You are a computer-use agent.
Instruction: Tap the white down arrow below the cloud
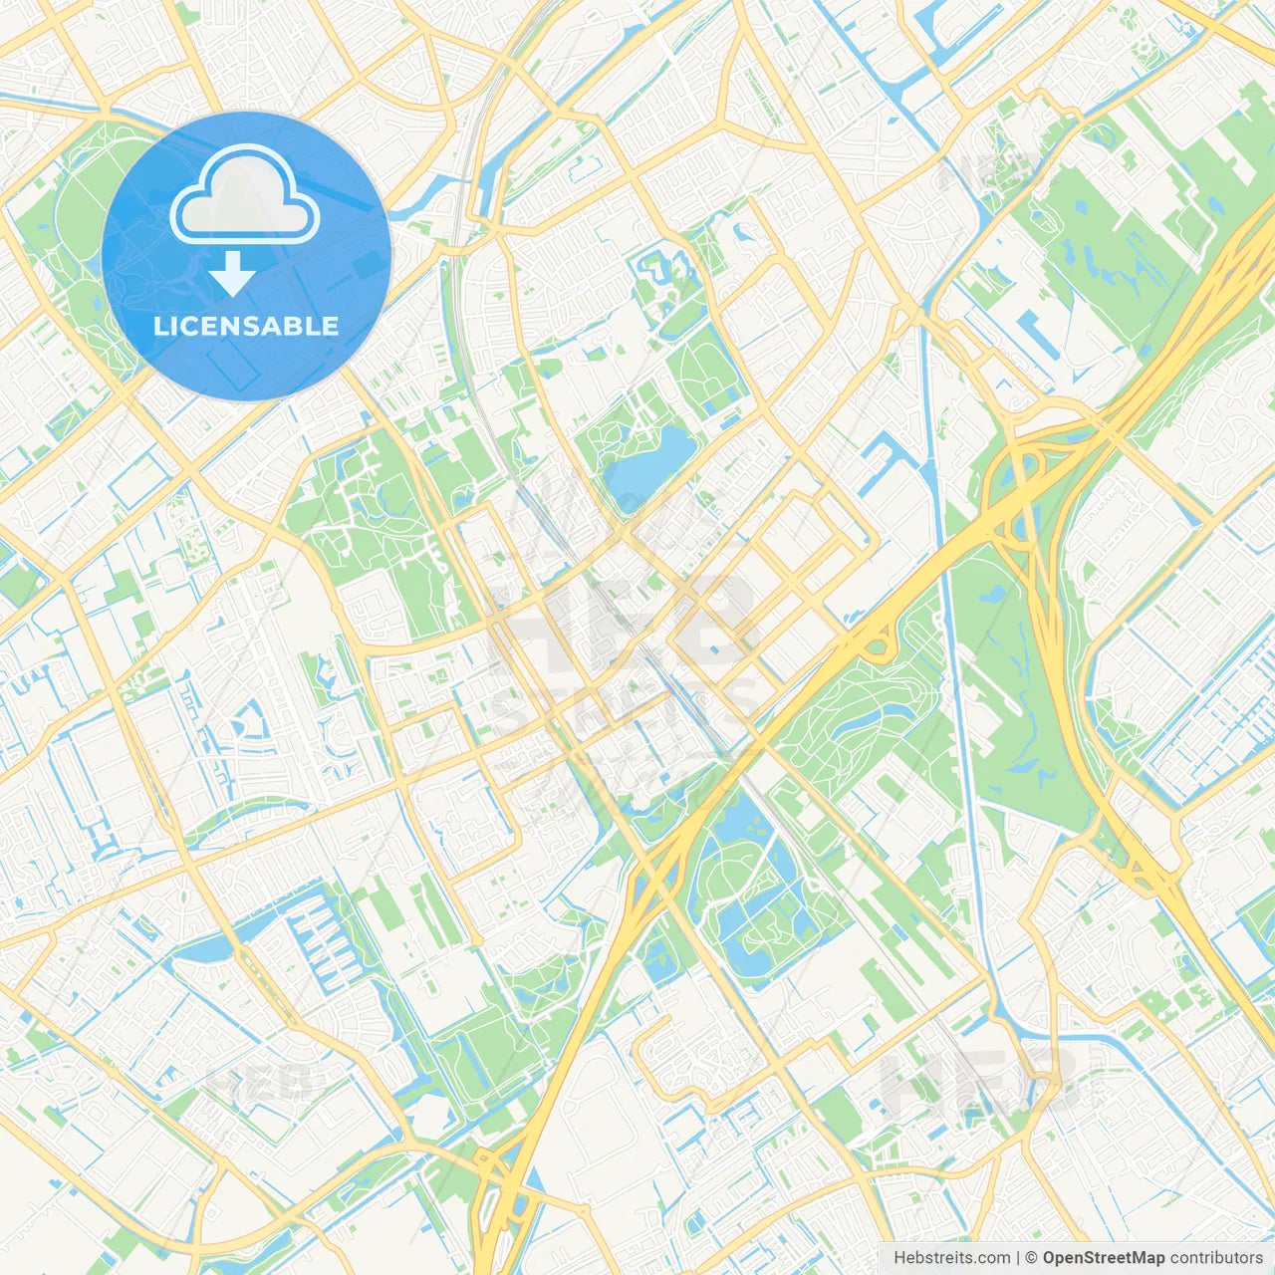click(x=232, y=273)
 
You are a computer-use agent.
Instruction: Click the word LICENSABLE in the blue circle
click(x=246, y=326)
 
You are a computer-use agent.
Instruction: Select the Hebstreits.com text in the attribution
click(x=951, y=1258)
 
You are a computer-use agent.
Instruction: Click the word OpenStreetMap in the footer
click(x=1103, y=1258)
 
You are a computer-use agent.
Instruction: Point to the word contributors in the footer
click(x=1216, y=1258)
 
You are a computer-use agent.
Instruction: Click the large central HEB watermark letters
click(x=623, y=623)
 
